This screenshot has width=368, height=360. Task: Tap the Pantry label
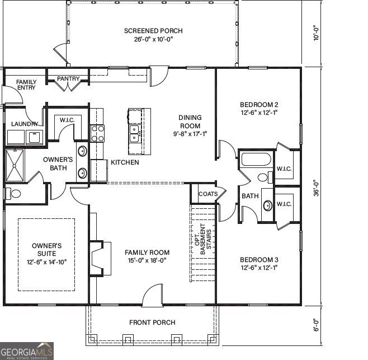click(68, 79)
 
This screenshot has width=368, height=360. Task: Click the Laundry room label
click(25, 124)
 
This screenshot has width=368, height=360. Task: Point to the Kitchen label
click(125, 162)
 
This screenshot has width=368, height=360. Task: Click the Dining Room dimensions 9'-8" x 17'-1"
click(190, 134)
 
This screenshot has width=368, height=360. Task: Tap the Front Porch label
click(152, 322)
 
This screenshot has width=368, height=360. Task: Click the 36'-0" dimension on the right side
click(317, 188)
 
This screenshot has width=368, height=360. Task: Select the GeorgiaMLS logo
click(26, 350)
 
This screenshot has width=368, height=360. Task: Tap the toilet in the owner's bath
click(13, 193)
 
